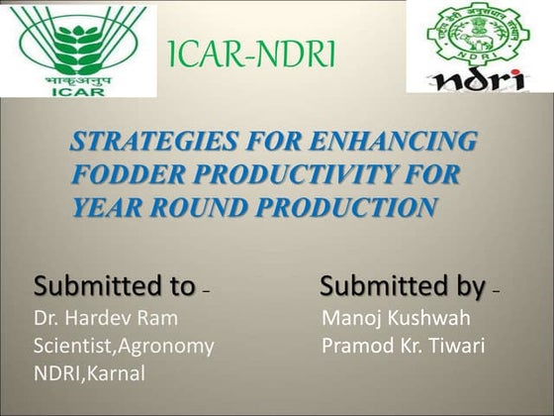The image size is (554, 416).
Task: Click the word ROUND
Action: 199,208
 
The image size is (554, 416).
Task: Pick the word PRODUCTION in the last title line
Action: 349,208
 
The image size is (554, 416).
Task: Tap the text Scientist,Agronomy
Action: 125,346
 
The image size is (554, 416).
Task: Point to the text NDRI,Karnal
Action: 90,373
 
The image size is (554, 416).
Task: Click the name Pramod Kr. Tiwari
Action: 403,346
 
